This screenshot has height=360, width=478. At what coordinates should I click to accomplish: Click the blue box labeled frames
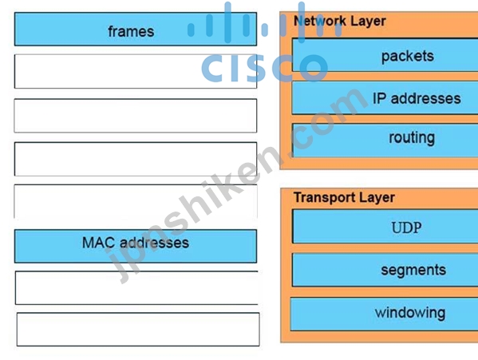pyautogui.click(x=136, y=30)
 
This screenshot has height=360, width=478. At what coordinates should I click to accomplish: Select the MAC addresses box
pyautogui.click(x=136, y=246)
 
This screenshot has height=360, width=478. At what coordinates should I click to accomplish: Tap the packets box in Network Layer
pyautogui.click(x=385, y=55)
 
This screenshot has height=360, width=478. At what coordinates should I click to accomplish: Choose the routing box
pyautogui.click(x=385, y=140)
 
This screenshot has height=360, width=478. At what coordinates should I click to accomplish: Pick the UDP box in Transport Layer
pyautogui.click(x=385, y=226)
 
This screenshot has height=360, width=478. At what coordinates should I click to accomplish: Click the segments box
pyautogui.click(x=385, y=270)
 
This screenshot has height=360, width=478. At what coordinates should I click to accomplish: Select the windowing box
pyautogui.click(x=384, y=314)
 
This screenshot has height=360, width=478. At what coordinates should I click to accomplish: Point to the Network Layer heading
pyautogui.click(x=340, y=22)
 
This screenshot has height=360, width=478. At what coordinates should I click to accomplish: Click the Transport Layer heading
pyautogui.click(x=344, y=197)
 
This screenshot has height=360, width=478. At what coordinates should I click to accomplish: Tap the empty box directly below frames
pyautogui.click(x=136, y=71)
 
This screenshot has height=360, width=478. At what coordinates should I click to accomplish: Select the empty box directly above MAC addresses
pyautogui.click(x=136, y=201)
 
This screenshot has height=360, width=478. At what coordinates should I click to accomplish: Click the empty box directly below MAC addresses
pyautogui.click(x=136, y=287)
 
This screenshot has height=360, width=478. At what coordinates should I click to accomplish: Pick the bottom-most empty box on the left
pyautogui.click(x=138, y=329)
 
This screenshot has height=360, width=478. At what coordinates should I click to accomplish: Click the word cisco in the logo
pyautogui.click(x=265, y=68)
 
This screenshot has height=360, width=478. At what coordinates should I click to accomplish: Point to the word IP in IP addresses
pyautogui.click(x=380, y=99)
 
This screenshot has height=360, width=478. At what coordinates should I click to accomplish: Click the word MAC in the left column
pyautogui.click(x=99, y=243)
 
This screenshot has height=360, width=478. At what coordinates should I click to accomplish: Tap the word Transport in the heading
pyautogui.click(x=324, y=197)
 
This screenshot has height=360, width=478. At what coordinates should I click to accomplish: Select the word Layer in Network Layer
pyautogui.click(x=368, y=22)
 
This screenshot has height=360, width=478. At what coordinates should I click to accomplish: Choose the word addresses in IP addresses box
pyautogui.click(x=425, y=99)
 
